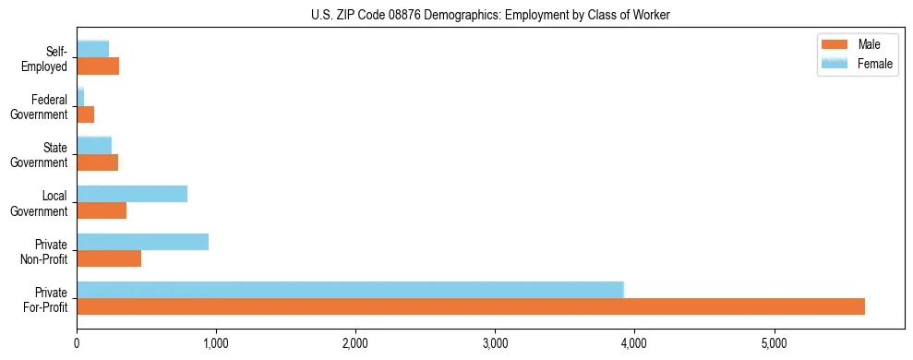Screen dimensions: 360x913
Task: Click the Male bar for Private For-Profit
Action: click(471, 306)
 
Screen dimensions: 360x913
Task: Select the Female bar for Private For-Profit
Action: click(351, 289)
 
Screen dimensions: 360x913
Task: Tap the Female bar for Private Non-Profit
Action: click(142, 242)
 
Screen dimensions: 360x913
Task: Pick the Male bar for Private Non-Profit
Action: click(109, 258)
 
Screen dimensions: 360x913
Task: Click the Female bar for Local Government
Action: click(132, 194)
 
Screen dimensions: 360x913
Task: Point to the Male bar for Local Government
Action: click(102, 210)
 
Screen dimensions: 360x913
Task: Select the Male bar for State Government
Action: click(97, 162)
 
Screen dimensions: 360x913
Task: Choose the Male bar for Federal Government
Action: click(85, 114)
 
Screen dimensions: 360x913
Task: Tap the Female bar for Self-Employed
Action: click(92, 49)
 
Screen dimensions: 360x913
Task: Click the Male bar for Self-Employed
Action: click(98, 66)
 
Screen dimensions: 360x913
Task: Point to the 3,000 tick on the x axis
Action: click(495, 344)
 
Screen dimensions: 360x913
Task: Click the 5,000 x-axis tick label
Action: click(774, 344)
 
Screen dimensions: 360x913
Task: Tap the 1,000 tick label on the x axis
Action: click(216, 344)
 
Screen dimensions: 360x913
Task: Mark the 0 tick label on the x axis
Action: click(77, 344)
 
